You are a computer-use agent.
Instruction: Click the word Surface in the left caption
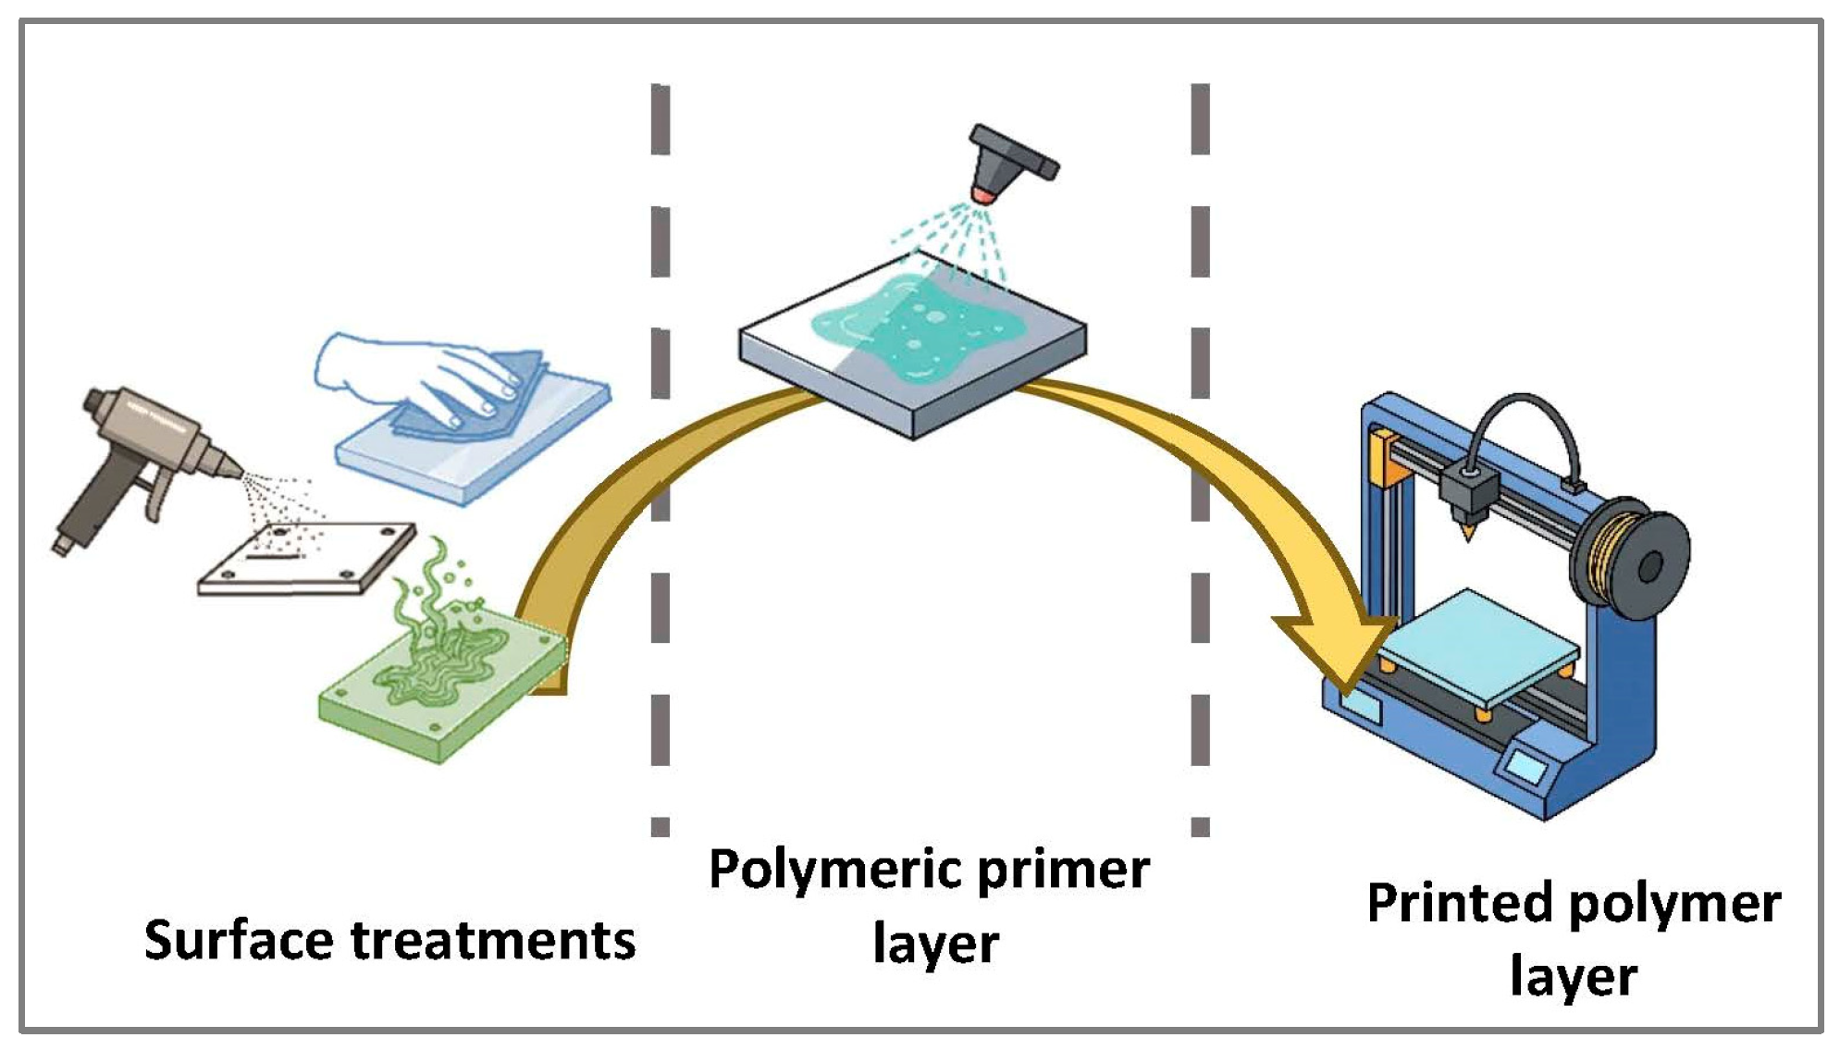click(239, 940)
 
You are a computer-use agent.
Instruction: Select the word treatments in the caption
click(493, 940)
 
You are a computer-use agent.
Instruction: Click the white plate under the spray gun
click(305, 560)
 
